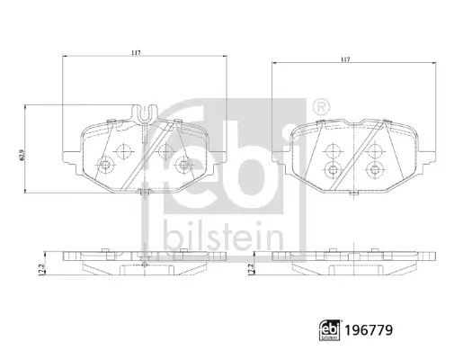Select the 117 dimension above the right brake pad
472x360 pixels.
(345, 60)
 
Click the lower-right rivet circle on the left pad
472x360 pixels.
(184, 164)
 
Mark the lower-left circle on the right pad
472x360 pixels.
(333, 168)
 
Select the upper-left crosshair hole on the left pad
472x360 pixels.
(122, 149)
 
